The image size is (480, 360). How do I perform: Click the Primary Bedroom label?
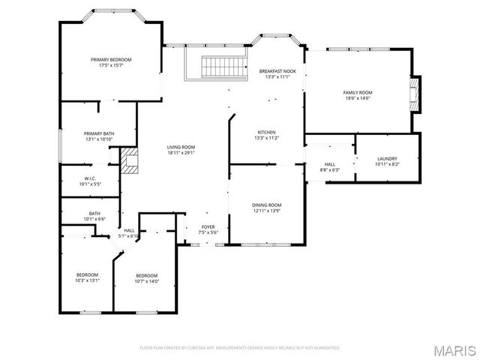pos(111,60)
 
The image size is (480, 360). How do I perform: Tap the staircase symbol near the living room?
pos(225,67)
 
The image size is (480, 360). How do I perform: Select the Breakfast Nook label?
pos(277,71)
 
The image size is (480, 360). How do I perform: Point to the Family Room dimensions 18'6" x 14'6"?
pos(358,98)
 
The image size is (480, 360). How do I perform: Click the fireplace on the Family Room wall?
pos(414,94)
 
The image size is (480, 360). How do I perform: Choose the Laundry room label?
pos(387,158)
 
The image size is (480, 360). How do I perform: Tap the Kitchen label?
pos(267,132)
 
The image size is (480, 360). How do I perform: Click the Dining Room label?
pos(266,205)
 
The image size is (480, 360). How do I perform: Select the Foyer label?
pos(208,226)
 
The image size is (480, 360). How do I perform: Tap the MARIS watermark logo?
pos(453,349)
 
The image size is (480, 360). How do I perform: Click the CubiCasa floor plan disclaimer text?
pos(240,348)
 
